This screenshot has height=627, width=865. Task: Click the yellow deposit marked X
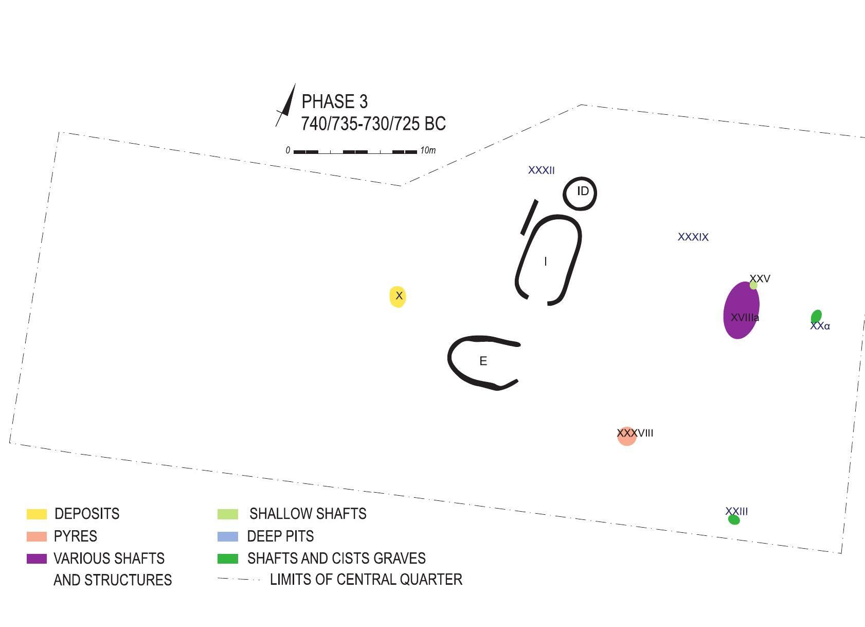click(398, 297)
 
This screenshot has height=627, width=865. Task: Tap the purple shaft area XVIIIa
click(741, 310)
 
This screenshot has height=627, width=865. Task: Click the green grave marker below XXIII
click(734, 520)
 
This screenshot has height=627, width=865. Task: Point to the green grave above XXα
click(816, 316)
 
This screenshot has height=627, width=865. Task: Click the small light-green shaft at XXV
click(753, 285)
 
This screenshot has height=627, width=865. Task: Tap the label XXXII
click(541, 170)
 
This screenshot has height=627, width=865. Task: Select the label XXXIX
click(693, 237)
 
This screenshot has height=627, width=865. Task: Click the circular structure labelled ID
click(580, 178)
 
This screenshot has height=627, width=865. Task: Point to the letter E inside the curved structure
click(483, 361)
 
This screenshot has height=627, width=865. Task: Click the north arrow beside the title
click(286, 105)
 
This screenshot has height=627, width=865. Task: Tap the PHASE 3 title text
click(334, 101)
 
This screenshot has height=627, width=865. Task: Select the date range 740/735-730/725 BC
click(373, 124)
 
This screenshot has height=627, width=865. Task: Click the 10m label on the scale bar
click(428, 150)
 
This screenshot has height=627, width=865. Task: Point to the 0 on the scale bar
click(287, 150)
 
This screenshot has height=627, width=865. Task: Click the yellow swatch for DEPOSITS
click(37, 514)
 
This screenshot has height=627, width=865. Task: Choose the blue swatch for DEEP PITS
click(228, 536)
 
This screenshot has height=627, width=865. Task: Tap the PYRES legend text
click(75, 536)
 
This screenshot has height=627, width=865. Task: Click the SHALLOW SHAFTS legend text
click(308, 514)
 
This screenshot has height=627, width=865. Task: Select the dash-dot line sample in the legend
click(240, 579)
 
